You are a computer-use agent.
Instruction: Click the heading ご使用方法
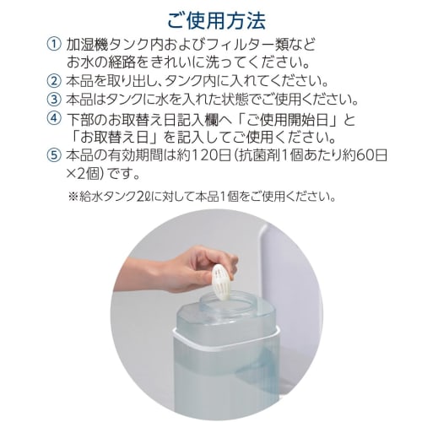click(x=210, y=18)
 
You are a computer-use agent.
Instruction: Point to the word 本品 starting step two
click(x=80, y=82)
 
